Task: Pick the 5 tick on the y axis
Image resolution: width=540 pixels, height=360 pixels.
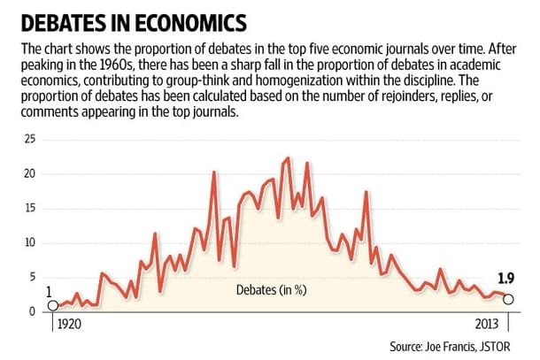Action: coord(30,277)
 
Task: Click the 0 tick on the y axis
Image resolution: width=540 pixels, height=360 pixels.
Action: coord(30,311)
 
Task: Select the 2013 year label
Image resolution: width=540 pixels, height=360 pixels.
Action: coord(486,325)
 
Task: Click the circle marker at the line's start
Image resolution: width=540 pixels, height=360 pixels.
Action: coord(52,305)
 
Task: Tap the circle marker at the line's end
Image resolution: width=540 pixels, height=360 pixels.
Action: coord(507,299)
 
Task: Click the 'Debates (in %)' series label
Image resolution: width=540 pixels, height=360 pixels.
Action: coord(271,290)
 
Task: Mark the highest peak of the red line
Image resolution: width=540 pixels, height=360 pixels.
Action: coord(288,158)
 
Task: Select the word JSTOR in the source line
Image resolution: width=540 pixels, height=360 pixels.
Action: coord(497,346)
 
